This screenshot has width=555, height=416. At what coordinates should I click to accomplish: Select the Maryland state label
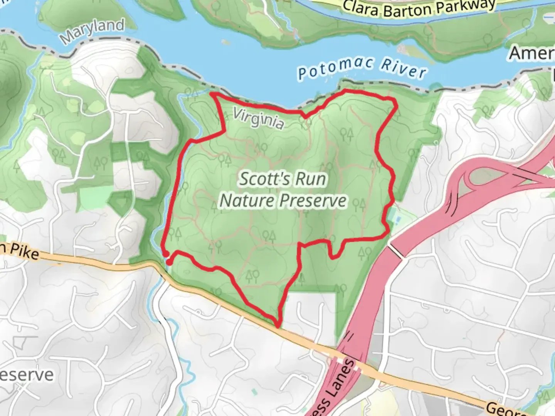[92, 31]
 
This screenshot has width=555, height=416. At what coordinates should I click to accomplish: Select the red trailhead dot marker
[168, 262]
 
